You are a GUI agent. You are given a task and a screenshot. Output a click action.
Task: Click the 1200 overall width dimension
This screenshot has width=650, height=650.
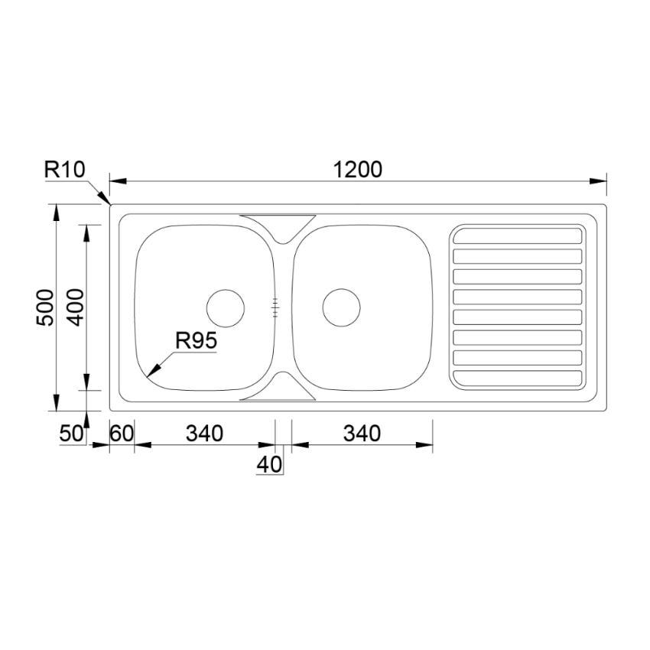click(357, 170)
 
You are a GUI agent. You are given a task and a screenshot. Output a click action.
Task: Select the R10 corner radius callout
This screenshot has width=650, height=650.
click(67, 170)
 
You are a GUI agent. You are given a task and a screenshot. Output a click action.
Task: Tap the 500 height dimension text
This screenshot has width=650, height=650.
click(46, 307)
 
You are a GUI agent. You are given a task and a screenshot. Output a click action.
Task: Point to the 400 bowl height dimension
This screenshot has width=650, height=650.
click(75, 307)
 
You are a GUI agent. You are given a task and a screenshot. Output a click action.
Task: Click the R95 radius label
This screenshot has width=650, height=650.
click(197, 342)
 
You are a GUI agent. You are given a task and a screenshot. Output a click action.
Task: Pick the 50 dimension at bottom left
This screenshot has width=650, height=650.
click(70, 434)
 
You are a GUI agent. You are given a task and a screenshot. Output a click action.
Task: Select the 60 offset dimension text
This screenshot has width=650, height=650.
click(122, 434)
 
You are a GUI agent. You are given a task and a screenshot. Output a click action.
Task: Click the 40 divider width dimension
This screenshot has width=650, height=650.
click(269, 463)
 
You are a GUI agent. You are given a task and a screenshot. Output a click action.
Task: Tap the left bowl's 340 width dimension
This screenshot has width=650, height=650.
click(204, 434)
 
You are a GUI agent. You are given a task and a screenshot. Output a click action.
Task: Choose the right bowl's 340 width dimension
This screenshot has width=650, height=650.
click(361, 434)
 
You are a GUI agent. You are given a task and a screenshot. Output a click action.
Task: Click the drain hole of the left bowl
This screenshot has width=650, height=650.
click(226, 307)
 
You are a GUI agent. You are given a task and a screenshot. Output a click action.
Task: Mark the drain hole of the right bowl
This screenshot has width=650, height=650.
click(341, 307)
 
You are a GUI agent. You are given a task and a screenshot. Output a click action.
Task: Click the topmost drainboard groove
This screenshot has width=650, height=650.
click(518, 235)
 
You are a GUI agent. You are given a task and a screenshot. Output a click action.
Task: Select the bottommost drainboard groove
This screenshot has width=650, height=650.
click(518, 377)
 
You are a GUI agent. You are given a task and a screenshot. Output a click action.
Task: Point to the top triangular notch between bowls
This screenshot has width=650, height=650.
click(278, 226)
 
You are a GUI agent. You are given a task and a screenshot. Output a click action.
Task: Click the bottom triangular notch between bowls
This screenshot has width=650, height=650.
click(278, 389)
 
